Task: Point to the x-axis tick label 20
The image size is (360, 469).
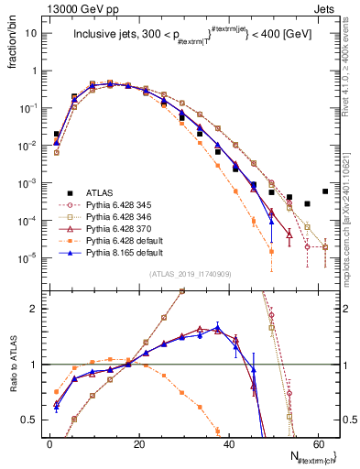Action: [x=138, y=445]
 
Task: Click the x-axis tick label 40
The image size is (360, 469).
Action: [x=228, y=445]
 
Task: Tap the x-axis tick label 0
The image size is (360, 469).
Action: [x=49, y=445]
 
